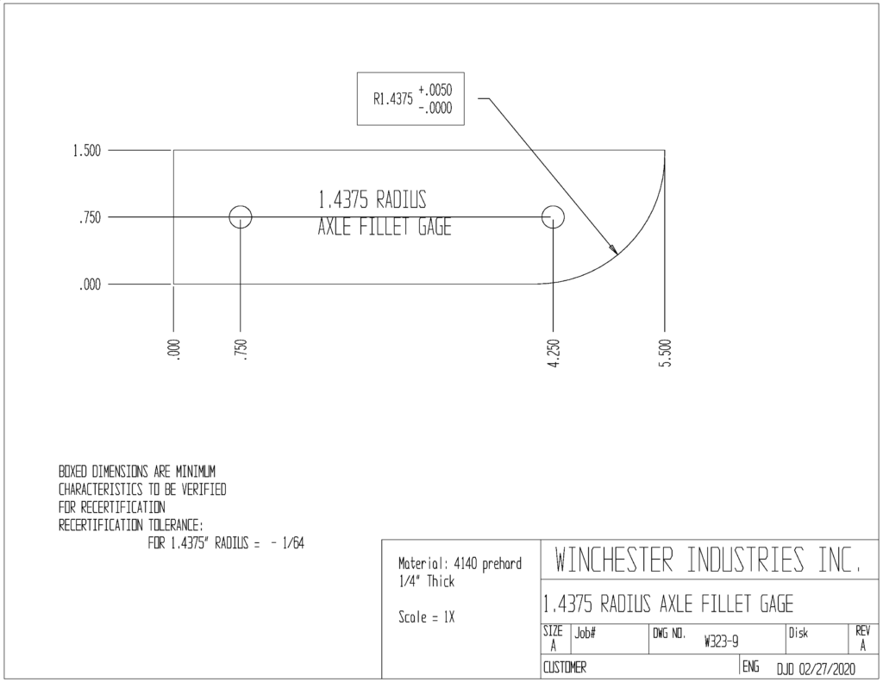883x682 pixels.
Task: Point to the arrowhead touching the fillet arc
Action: (x=613, y=248)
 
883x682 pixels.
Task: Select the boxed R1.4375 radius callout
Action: (x=410, y=98)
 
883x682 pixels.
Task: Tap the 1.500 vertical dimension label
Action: (x=87, y=151)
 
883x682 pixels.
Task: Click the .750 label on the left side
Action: (x=90, y=217)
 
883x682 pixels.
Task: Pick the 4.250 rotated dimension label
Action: (x=554, y=354)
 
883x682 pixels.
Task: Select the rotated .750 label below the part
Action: (x=241, y=350)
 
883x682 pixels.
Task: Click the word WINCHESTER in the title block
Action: (x=614, y=560)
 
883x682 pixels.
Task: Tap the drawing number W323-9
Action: (x=722, y=641)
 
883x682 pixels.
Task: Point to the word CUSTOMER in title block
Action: (x=564, y=667)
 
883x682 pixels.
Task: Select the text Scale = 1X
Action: (x=426, y=617)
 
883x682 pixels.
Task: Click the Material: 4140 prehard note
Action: (x=460, y=564)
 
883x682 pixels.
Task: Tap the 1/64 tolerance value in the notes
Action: (x=293, y=543)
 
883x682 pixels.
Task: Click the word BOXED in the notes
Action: (x=73, y=471)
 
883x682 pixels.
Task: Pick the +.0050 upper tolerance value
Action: (x=435, y=90)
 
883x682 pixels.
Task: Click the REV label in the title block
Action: (x=862, y=631)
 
